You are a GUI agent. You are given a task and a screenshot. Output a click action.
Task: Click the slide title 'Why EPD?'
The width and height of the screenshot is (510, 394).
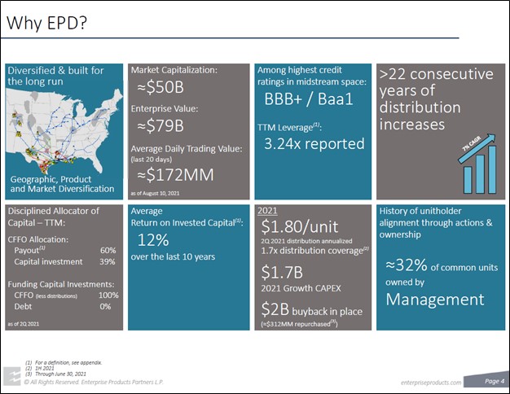click(x=46, y=24)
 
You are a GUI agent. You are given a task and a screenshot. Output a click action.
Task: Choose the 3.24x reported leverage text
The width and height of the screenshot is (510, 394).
click(x=314, y=144)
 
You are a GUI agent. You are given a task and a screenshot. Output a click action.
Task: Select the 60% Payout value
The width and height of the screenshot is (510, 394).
click(x=108, y=250)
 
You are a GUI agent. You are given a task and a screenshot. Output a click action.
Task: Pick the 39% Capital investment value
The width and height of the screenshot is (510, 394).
click(x=108, y=261)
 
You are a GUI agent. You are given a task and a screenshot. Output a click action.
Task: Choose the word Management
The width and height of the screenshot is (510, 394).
click(x=434, y=299)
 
